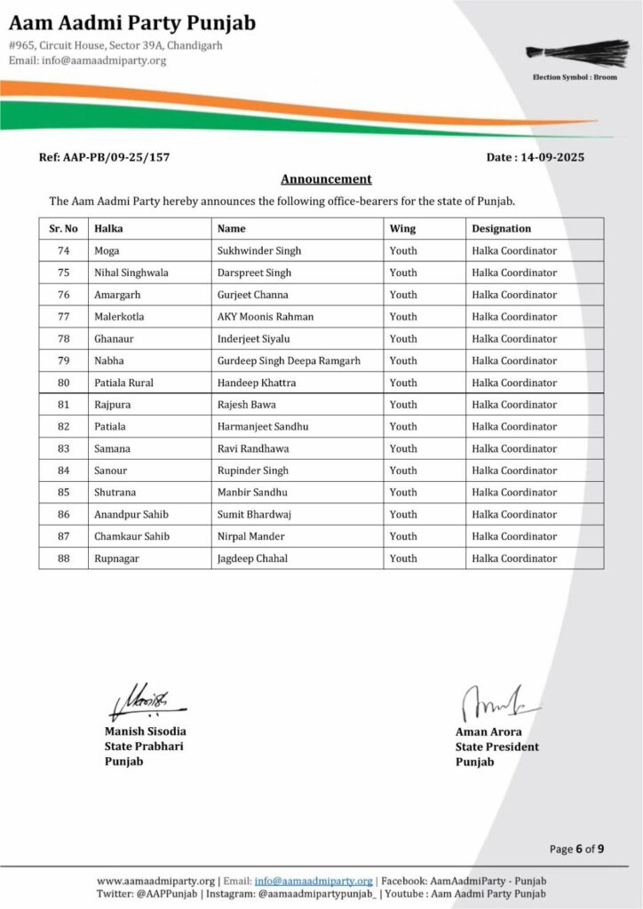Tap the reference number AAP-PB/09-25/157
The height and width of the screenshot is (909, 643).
[104, 157]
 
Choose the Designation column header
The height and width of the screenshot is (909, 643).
[502, 229]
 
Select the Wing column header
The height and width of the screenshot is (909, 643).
[402, 229]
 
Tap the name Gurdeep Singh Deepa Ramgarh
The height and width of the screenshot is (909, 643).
[289, 360]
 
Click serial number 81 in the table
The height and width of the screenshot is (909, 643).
[64, 405]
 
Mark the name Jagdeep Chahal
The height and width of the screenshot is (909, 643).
[252, 558]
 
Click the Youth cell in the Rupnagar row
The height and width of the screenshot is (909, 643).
[403, 558]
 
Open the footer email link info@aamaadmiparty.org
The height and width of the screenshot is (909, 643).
[314, 881]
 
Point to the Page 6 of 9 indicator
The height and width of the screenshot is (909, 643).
[576, 850]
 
